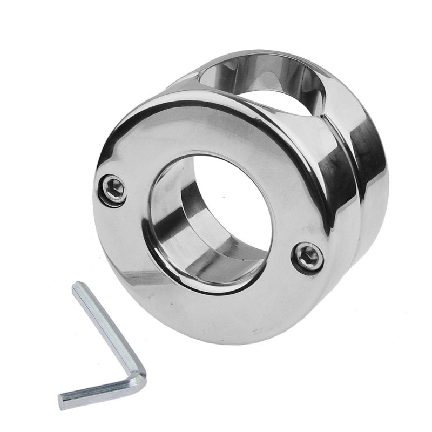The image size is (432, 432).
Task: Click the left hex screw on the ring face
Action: coord(113,188)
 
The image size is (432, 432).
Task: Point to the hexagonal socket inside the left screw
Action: coord(113,188)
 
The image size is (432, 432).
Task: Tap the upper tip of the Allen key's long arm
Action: coord(79,287)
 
